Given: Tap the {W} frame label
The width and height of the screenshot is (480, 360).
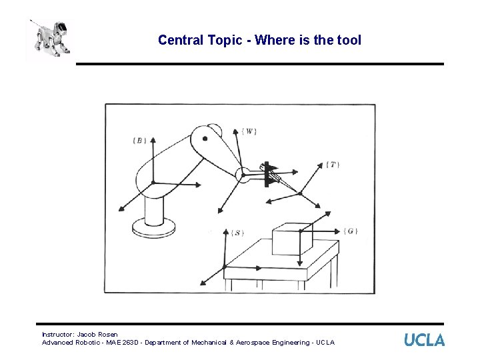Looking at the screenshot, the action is pyautogui.click(x=249, y=131).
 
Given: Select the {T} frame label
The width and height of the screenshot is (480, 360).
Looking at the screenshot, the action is pyautogui.click(x=332, y=164).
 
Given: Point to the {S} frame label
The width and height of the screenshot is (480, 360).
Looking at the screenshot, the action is pyautogui.click(x=237, y=233).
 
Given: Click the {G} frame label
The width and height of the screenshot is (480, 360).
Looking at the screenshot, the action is pyautogui.click(x=351, y=231).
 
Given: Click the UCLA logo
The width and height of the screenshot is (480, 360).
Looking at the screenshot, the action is pyautogui.click(x=424, y=339).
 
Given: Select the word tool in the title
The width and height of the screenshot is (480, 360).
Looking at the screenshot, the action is pyautogui.click(x=348, y=40).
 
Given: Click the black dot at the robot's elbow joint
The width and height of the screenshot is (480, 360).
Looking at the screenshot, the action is pyautogui.click(x=205, y=139).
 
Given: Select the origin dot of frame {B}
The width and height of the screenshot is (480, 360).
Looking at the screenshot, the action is pyautogui.click(x=153, y=182).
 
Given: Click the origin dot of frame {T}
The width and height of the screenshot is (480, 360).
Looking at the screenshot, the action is pyautogui.click(x=300, y=193).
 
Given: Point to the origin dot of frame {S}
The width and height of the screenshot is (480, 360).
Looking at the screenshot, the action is pyautogui.click(x=224, y=267).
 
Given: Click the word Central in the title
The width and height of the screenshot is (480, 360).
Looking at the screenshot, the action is pyautogui.click(x=179, y=40).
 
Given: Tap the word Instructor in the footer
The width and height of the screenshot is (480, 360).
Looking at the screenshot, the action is pyautogui.click(x=57, y=334).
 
